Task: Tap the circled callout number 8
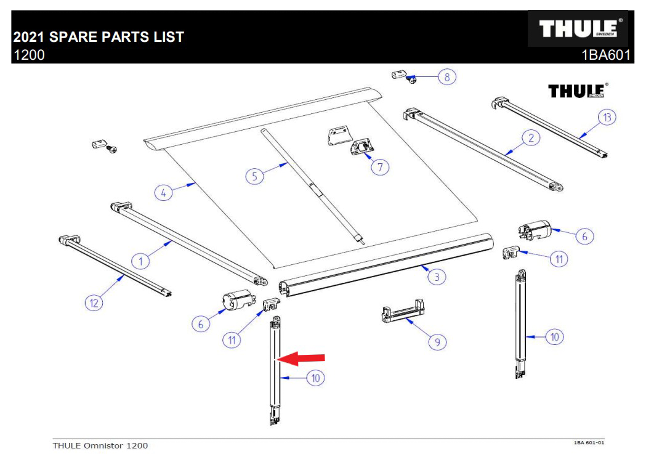pyautogui.click(x=448, y=77)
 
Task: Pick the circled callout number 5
pyautogui.click(x=254, y=176)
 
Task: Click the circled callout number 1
pyautogui.click(x=140, y=261)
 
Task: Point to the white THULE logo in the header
pyautogui.click(x=578, y=29)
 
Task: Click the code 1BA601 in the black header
pyautogui.click(x=606, y=55)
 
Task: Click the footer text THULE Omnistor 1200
pyautogui.click(x=100, y=445)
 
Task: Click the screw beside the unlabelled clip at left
pyautogui.click(x=112, y=148)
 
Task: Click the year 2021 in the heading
pyautogui.click(x=29, y=37)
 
